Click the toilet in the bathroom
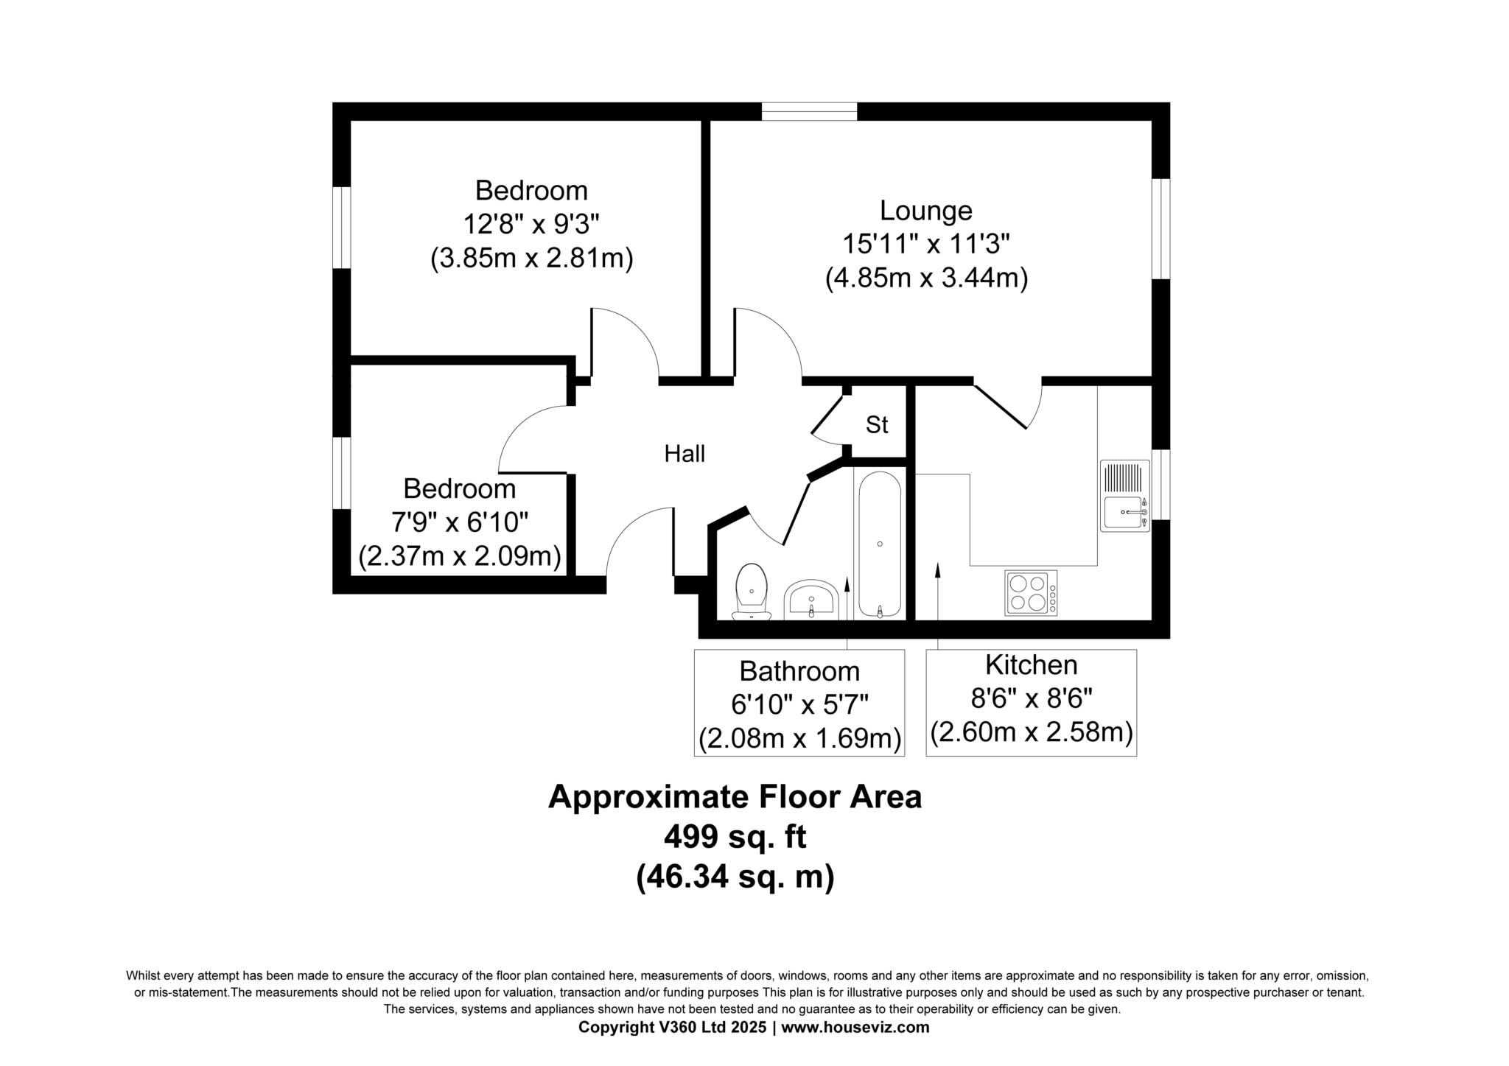tap(752, 592)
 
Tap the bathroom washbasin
tap(810, 599)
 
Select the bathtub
tap(880, 544)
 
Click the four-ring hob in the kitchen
tap(1031, 593)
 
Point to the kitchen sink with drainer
tap(1125, 496)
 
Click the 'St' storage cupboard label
tap(877, 425)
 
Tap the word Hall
tap(685, 454)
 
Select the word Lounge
tap(926, 211)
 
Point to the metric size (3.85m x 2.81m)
tap(532, 259)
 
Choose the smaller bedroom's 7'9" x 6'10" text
tap(460, 522)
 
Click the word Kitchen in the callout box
tap(1032, 665)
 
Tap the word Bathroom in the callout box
tap(799, 671)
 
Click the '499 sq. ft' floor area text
tap(735, 837)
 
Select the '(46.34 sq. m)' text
tap(735, 877)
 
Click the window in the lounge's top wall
tap(809, 111)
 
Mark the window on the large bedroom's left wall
tap(341, 227)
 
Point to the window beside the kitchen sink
tap(1160, 484)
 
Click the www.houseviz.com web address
tap(855, 1028)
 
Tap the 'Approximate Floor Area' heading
tap(735, 797)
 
